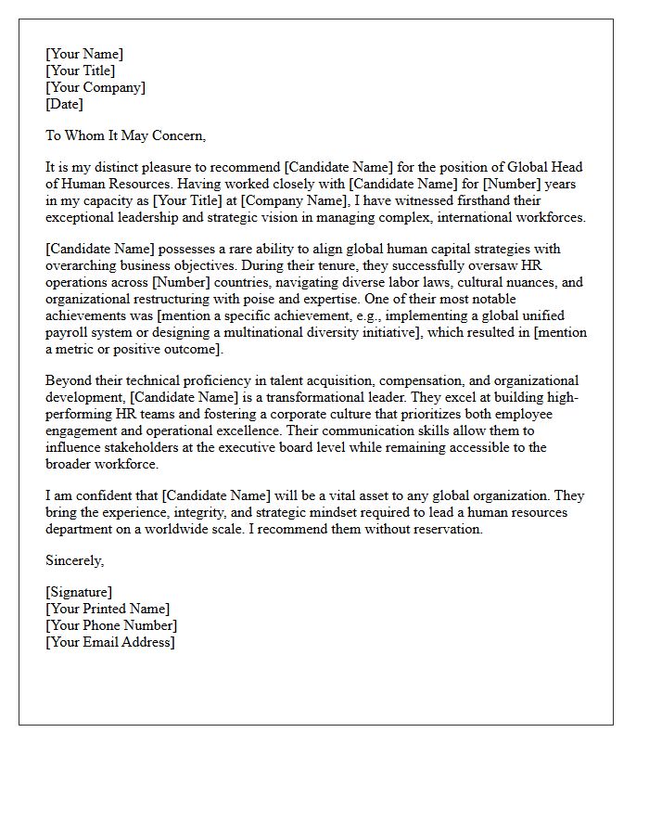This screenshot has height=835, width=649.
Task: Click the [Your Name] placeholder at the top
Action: pyautogui.click(x=83, y=54)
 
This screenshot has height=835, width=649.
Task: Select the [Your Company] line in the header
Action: pyautogui.click(x=95, y=87)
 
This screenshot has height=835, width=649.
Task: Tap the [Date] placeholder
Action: pyautogui.click(x=64, y=104)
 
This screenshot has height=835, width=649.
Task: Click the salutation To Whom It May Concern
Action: pyautogui.click(x=125, y=135)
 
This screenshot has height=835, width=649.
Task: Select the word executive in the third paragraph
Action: pyautogui.click(x=273, y=447)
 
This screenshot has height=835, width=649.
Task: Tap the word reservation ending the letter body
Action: pyautogui.click(x=443, y=529)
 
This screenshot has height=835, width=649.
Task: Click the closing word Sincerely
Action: pyautogui.click(x=74, y=560)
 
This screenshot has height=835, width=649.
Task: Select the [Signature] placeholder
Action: pyautogui.click(x=79, y=592)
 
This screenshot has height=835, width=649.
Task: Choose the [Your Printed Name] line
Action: pyautogui.click(x=108, y=609)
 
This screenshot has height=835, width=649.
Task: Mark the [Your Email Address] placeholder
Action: pyautogui.click(x=109, y=642)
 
